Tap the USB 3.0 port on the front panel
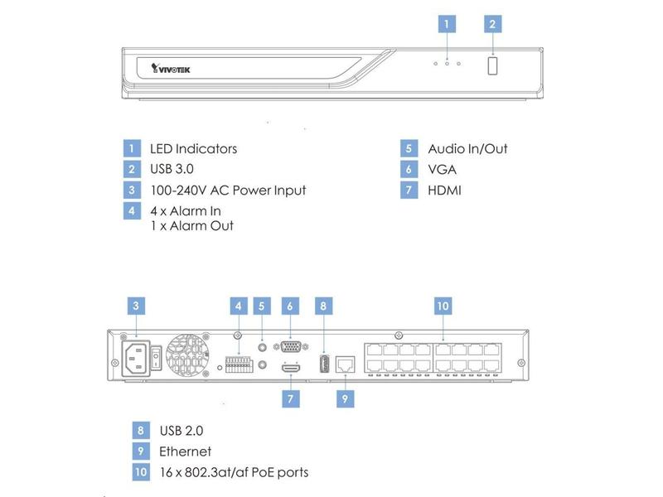pos(492,66)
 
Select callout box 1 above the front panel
pos(447,23)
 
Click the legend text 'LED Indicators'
pos(193,149)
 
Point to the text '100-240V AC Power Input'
pos(228,191)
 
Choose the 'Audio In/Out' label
pos(467,149)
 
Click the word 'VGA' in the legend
pos(443,170)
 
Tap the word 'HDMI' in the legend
pos(445,191)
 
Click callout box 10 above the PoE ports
pos(443,306)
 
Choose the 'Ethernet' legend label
pos(185,452)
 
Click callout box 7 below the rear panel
pos(290,398)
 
